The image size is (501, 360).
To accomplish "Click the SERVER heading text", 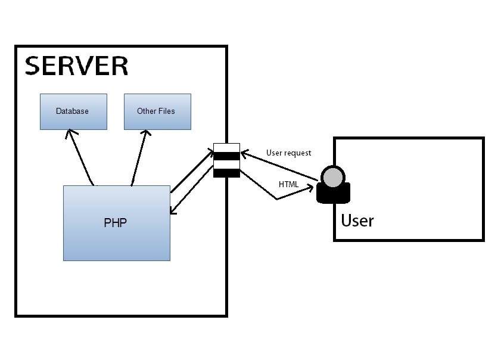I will coord(76,66).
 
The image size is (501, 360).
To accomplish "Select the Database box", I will coord(73,111).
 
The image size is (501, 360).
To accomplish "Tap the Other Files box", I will coord(157,111).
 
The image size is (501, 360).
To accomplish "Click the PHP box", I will coord(116,223).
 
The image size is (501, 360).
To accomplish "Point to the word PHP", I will coord(115,223).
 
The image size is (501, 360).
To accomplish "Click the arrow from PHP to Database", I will coord(80,157).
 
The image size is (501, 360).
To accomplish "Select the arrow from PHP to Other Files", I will coord(139,157).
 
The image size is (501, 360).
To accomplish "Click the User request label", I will coord(288,153).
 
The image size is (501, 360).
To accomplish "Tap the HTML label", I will coord(288,184).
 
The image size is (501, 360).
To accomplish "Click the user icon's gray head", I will coord(332,176).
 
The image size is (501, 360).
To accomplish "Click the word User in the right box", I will coord(357,221).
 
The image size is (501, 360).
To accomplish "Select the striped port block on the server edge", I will coord(226,160).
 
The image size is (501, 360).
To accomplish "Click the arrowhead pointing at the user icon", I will coord(310,187).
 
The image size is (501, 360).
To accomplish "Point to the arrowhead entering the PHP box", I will coord(173,210).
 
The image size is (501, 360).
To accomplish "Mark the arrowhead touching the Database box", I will coord(70,133).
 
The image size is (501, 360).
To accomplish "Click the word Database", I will coord(72,111).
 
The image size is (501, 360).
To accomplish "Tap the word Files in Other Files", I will coord(167,111).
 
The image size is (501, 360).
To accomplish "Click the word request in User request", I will coord(297,153).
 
